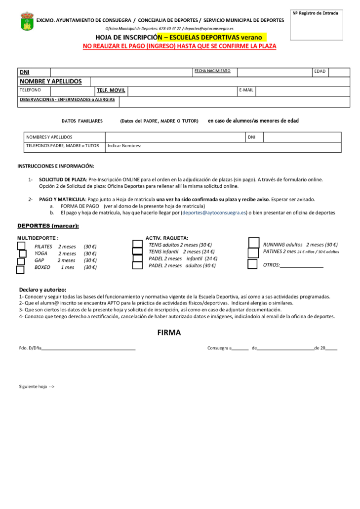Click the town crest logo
tap(27, 22)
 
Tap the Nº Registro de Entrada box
tap(316, 25)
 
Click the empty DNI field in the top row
tap(121, 72)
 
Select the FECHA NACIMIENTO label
tap(212, 71)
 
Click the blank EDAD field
tap(339, 72)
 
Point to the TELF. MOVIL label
tap(111, 90)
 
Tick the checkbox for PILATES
tap(21, 246)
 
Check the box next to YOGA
tap(22, 254)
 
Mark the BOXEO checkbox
tap(20, 270)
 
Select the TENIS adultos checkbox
tap(137, 244)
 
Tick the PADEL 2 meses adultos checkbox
tap(137, 265)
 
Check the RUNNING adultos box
tap(253, 243)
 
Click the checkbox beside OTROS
tap(252, 264)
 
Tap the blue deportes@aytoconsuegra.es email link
tap(213, 212)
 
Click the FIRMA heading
tap(169, 333)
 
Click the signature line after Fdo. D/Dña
tap(89, 349)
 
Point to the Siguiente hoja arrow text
tap(37, 386)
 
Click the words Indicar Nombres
tap(124, 146)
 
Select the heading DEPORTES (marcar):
tap(48, 226)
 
